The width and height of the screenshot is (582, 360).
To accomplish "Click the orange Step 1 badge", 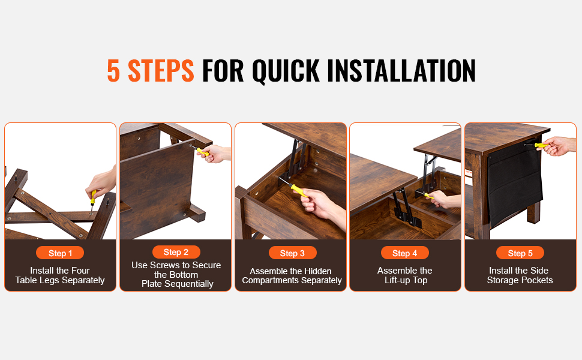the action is [60, 253].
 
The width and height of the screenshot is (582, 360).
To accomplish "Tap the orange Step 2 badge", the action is [176, 252].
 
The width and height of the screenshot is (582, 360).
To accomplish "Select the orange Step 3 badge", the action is [292, 253].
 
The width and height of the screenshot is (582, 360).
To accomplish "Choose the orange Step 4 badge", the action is [404, 253].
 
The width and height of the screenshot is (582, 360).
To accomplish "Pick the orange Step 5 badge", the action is [520, 253].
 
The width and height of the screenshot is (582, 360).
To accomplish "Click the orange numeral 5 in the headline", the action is [113, 71].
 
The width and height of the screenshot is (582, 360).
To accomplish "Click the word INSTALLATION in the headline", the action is [401, 71].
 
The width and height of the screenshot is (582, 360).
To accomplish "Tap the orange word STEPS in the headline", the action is [161, 71].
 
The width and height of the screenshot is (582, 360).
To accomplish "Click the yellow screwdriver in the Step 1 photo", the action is [93, 200].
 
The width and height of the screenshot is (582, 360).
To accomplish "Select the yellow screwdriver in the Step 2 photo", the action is [200, 151].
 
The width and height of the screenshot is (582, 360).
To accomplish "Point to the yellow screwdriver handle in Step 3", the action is [299, 190].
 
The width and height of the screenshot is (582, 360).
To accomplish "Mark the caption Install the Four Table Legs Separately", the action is [60, 275].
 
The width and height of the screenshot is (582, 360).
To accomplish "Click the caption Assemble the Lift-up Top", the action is [405, 275].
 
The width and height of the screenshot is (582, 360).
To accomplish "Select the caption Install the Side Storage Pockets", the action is [520, 275].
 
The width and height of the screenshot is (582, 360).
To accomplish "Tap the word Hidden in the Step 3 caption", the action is [319, 271].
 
